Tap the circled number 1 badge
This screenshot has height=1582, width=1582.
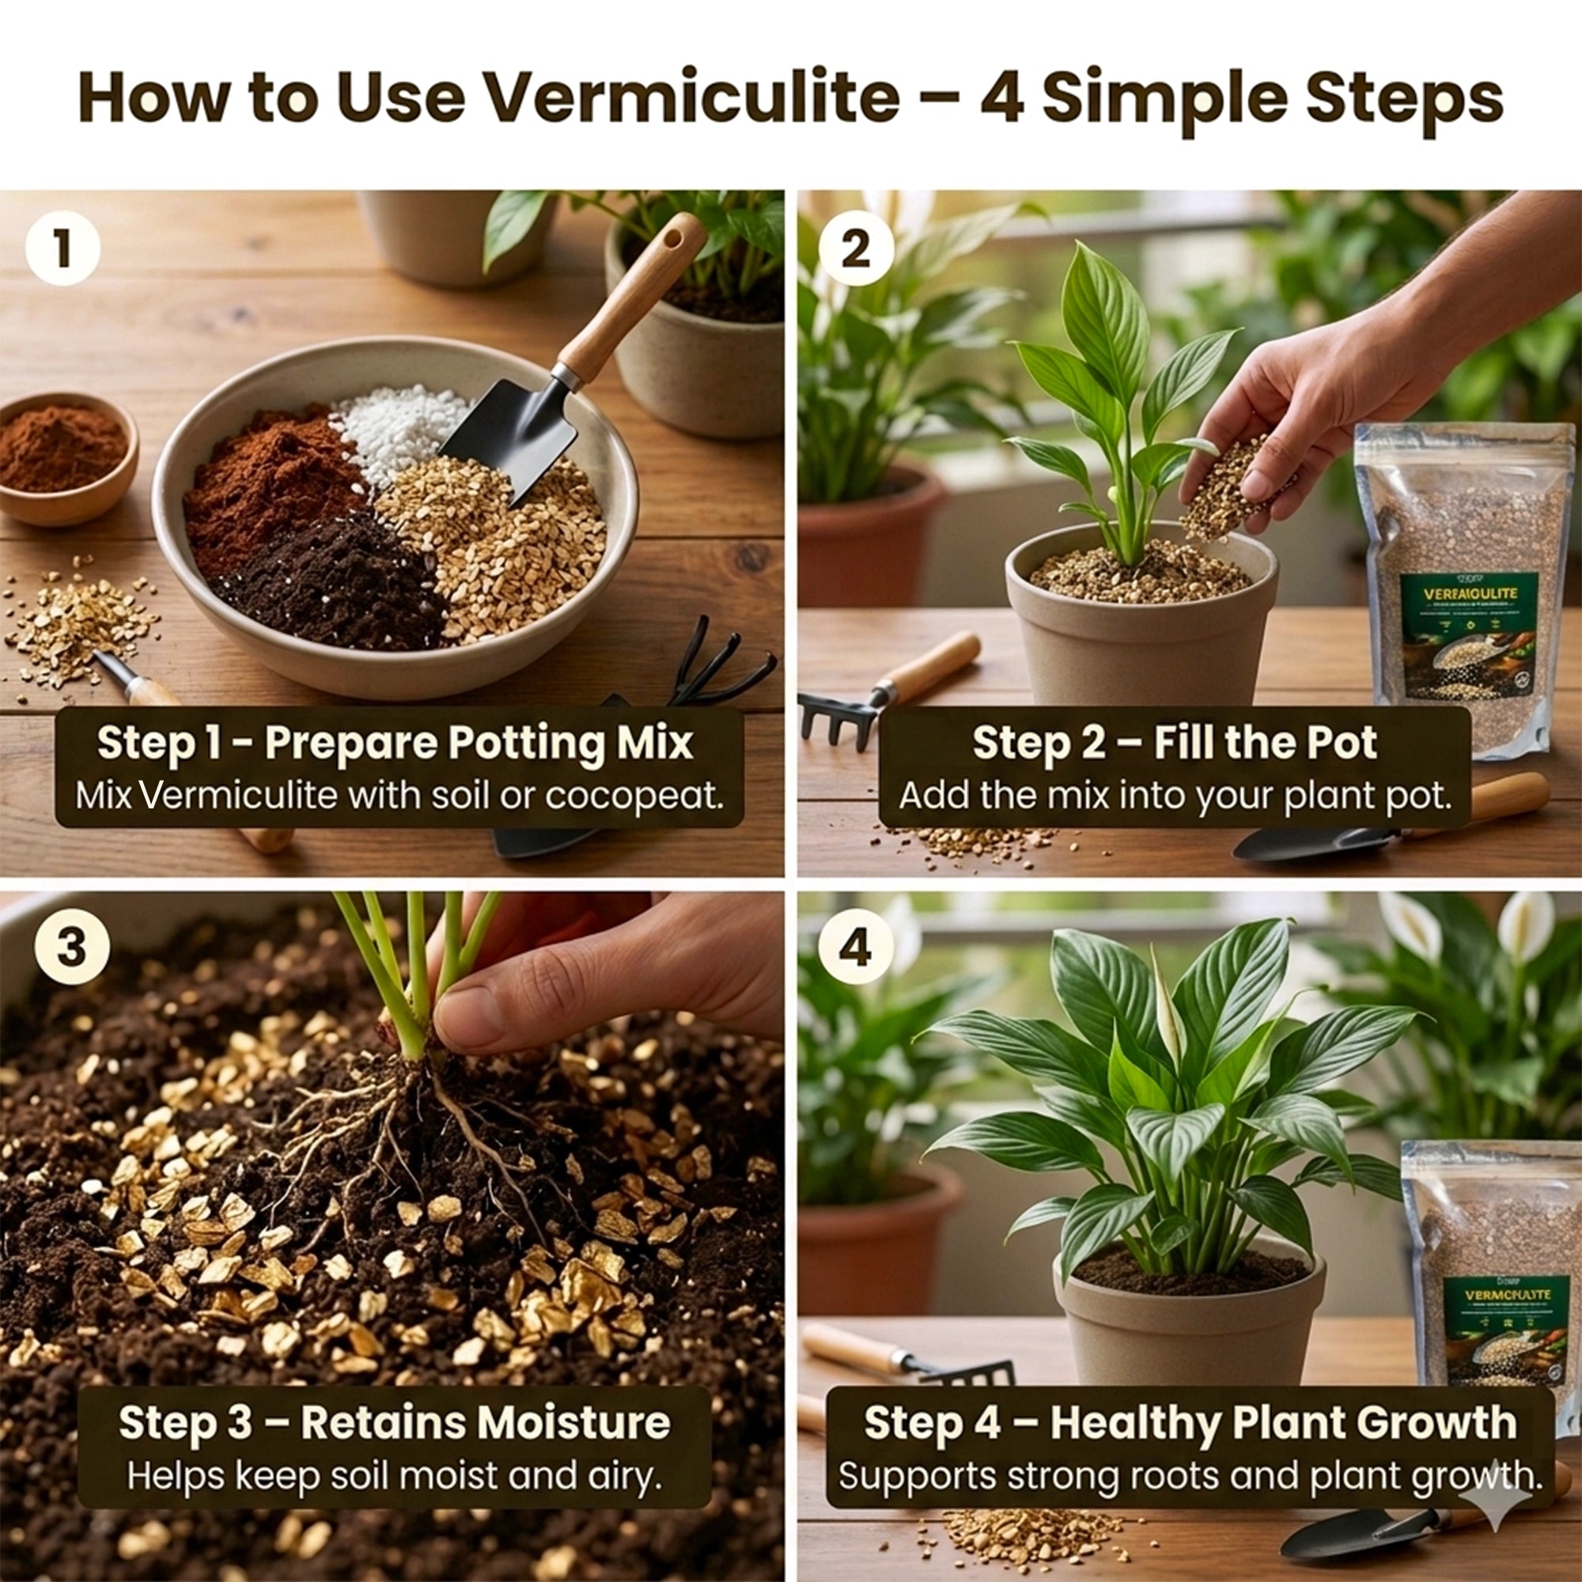pyautogui.click(x=63, y=248)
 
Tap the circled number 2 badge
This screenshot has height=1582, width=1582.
pyautogui.click(x=856, y=248)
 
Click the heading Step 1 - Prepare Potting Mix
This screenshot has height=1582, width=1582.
pyautogui.click(x=395, y=744)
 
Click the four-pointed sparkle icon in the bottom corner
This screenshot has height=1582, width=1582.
pyautogui.click(x=1495, y=1495)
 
